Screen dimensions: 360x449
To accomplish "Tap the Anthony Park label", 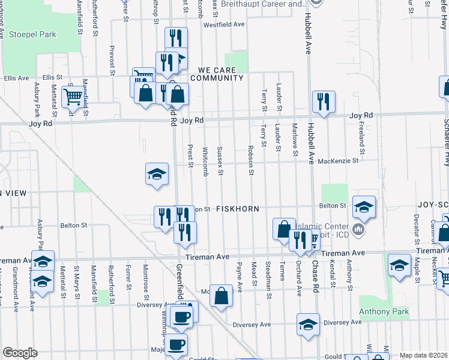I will click(384, 311).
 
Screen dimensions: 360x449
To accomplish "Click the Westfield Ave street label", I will click(224, 25).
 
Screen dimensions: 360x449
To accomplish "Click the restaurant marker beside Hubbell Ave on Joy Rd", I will click(324, 101).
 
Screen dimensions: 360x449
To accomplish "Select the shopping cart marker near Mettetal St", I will click(73, 95).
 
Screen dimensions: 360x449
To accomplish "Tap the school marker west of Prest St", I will click(157, 175).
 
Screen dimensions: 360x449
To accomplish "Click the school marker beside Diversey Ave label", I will click(308, 324).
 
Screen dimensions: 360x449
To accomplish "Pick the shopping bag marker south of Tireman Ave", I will click(221, 296).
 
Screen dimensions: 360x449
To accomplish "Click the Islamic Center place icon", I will click(358, 229).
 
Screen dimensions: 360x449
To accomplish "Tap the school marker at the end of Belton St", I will click(364, 206).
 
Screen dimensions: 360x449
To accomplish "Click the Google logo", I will click(20, 353).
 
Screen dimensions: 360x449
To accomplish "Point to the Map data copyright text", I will click(423, 355).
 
